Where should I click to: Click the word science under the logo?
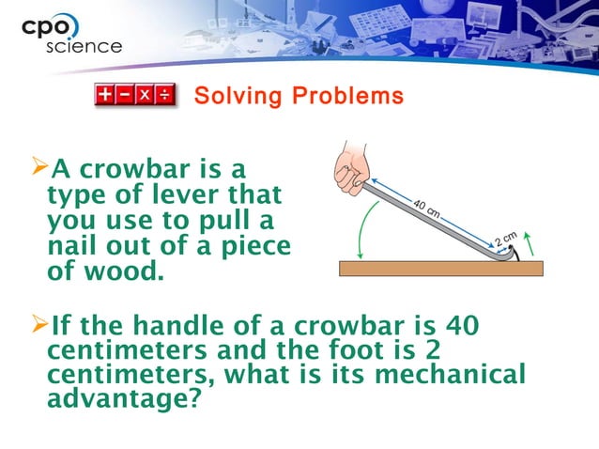84,46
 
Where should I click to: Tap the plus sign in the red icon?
105,95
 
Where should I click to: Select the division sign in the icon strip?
164,95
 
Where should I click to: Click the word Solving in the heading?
234,96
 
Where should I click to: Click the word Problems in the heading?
346,96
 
